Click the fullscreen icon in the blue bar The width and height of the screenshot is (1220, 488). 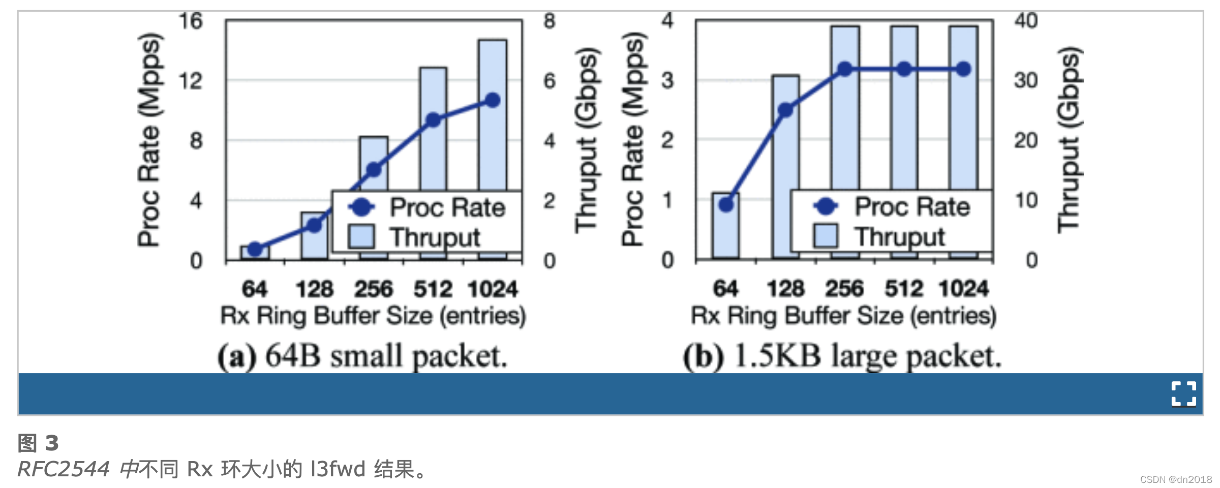point(1183,393)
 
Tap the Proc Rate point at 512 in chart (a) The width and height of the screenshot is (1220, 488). point(433,120)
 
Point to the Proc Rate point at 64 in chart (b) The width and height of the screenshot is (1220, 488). point(726,204)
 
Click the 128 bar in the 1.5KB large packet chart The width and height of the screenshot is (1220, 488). point(785,152)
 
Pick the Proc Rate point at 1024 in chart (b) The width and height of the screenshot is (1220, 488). point(963,69)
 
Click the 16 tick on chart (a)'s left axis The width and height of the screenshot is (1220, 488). point(191,21)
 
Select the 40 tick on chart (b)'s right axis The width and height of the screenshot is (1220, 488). point(1026,21)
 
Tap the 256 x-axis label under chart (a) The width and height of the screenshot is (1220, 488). point(374,289)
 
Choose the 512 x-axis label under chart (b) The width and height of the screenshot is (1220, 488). point(904,289)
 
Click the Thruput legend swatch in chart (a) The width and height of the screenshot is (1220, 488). point(361,237)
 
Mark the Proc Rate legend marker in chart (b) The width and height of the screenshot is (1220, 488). point(826,206)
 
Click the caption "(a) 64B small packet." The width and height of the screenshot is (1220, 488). point(362,356)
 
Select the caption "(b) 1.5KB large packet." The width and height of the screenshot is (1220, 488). point(842,356)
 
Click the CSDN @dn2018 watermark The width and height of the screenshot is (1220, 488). point(1175,479)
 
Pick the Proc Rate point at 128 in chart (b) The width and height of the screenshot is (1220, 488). point(786,110)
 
